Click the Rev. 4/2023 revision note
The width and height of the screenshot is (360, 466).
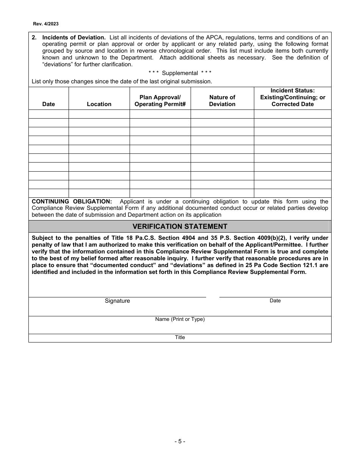click(46, 23)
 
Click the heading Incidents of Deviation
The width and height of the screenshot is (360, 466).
click(74, 37)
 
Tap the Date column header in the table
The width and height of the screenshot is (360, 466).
click(49, 104)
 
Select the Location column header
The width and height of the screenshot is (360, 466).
click(99, 104)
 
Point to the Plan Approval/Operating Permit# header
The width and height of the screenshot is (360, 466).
click(160, 101)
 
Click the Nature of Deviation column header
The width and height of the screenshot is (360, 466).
click(222, 101)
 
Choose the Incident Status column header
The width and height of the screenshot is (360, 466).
click(293, 97)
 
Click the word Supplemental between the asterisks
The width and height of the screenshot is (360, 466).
click(180, 73)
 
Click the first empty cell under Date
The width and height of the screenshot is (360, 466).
click(49, 114)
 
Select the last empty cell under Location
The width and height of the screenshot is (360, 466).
click(99, 193)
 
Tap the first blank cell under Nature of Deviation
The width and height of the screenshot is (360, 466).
click(222, 114)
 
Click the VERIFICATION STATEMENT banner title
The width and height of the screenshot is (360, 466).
click(180, 227)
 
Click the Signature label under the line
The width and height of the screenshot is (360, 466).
click(117, 301)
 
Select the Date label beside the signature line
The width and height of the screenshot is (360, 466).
click(275, 300)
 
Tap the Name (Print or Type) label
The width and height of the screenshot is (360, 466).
click(180, 319)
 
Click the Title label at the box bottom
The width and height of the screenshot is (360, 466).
click(180, 337)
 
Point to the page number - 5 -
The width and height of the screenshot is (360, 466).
click(180, 441)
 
